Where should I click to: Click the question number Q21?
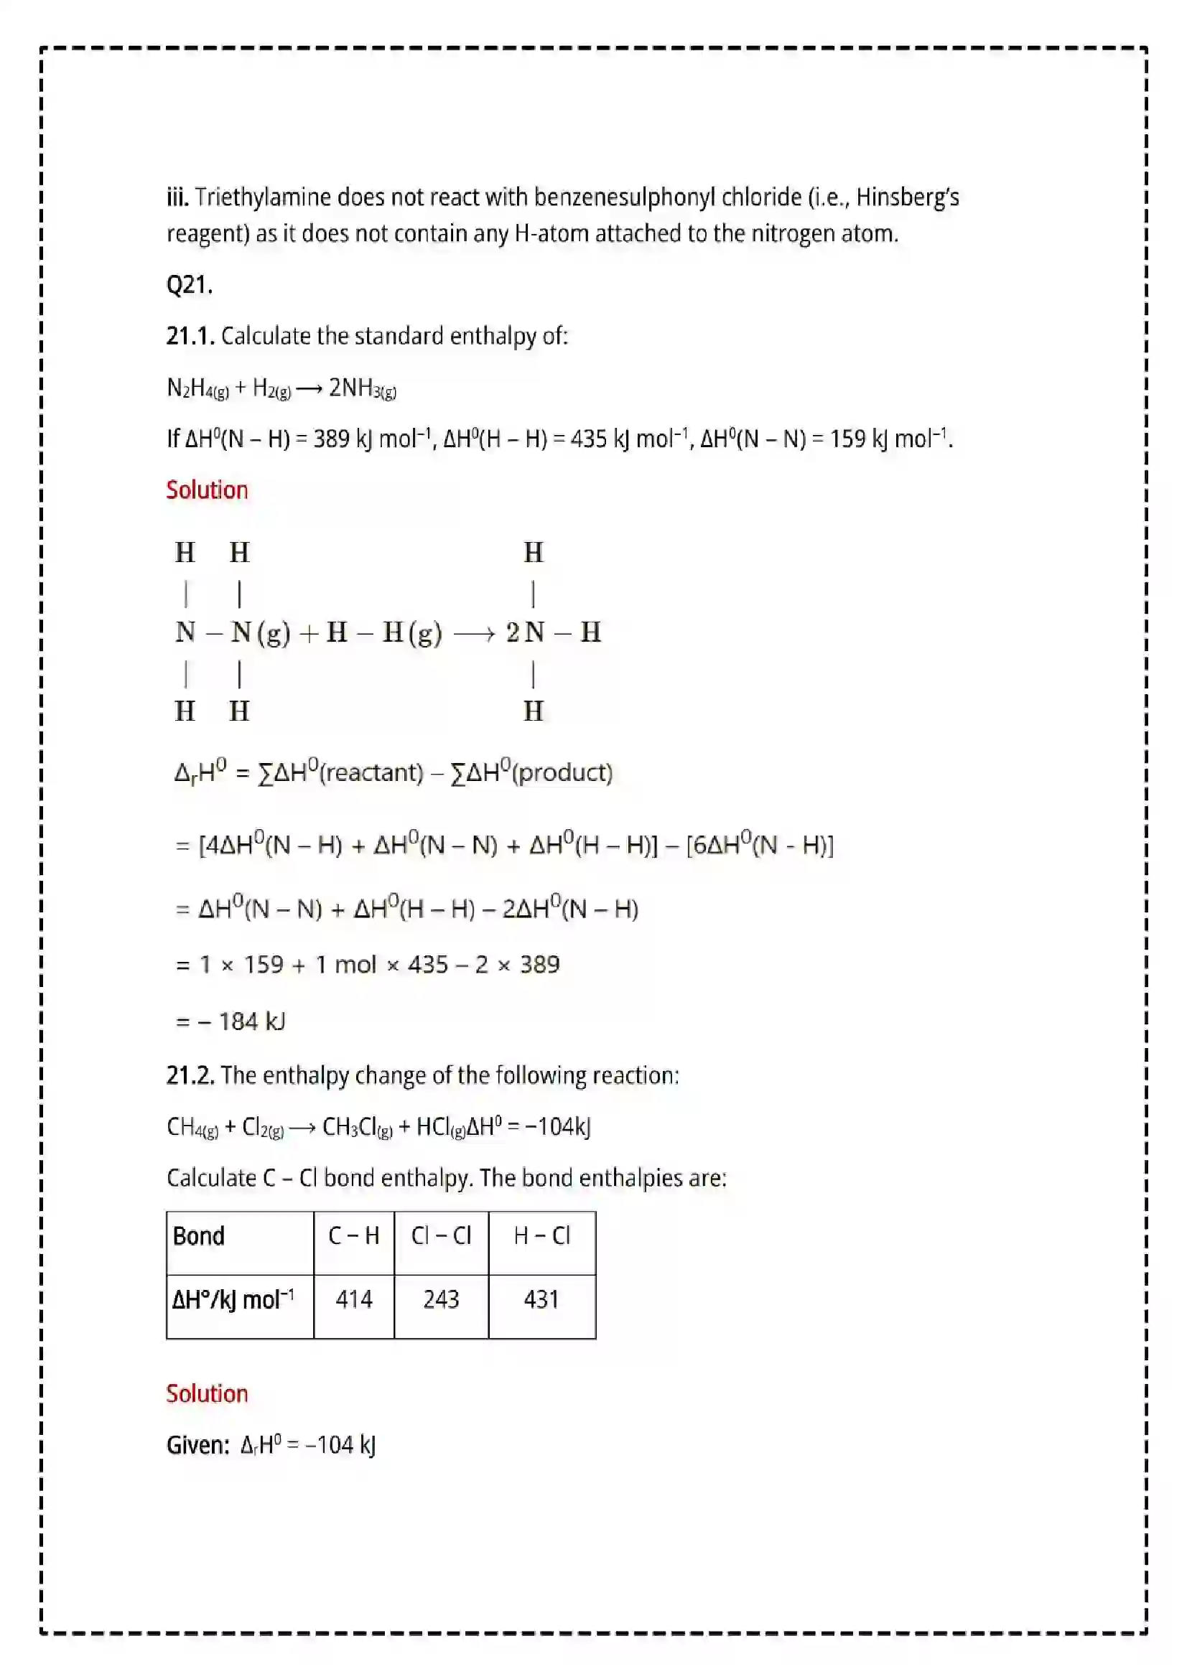click(190, 284)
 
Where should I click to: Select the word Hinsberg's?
click(908, 197)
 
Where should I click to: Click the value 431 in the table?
click(541, 1299)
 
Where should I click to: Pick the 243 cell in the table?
click(441, 1299)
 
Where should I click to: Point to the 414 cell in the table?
click(354, 1299)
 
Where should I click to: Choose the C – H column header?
click(354, 1236)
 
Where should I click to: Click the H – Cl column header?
click(541, 1236)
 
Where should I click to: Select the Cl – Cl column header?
click(441, 1236)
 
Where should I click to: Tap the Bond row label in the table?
click(198, 1236)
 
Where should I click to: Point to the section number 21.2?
click(190, 1076)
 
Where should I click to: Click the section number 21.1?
click(190, 337)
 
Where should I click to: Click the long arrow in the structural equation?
click(474, 633)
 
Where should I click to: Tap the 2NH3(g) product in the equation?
click(362, 388)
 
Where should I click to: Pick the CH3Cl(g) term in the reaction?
click(357, 1127)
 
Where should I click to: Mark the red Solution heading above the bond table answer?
click(207, 1394)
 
